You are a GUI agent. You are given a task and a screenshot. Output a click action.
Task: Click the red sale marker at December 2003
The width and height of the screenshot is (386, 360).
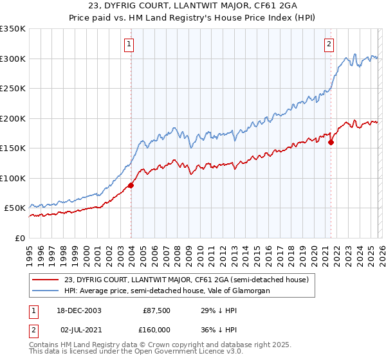131,185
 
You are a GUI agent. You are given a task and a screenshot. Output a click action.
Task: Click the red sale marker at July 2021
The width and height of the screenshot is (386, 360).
331,142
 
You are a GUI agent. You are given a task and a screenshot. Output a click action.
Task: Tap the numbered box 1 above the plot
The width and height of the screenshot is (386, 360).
130,44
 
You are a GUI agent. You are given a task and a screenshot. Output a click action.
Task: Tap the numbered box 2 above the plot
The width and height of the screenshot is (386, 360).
329,44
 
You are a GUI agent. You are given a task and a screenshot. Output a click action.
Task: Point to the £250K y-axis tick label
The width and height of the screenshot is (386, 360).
12,89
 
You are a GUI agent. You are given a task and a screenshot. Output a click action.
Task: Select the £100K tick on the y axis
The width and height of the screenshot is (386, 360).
12,178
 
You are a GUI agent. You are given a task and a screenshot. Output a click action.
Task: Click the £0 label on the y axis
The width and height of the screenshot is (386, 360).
19,238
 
